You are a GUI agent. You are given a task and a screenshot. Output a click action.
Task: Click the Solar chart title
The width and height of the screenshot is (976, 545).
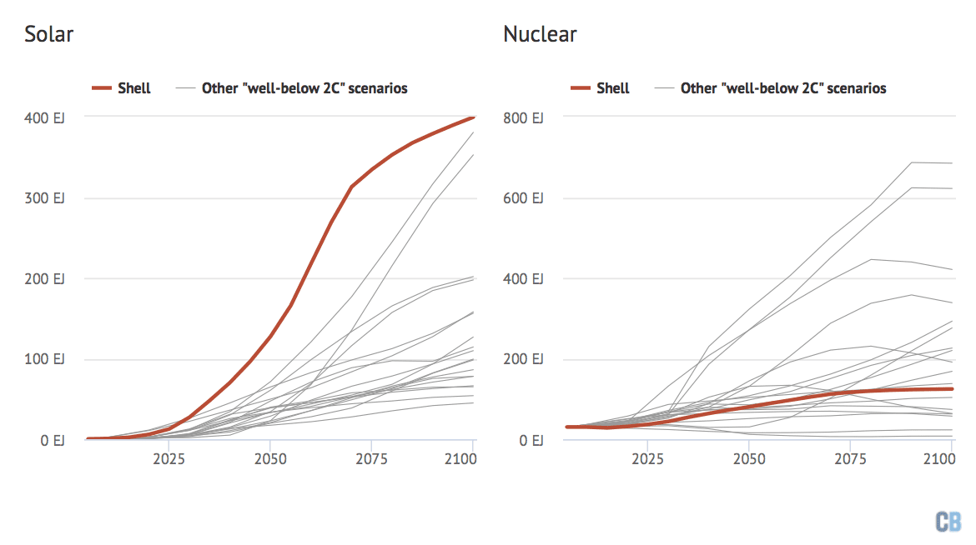pos(49,35)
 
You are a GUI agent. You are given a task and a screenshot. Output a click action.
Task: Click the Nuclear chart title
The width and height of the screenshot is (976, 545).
pos(540,35)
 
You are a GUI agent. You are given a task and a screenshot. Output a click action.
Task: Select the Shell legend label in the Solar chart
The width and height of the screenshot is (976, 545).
pos(134,88)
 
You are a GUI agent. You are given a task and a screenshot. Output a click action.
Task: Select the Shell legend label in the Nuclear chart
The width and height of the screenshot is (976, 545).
pos(613,88)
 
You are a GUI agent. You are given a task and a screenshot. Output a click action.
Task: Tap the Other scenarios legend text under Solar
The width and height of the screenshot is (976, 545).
pos(304,88)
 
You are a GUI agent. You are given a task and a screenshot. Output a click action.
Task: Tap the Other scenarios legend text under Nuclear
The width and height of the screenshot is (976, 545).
pos(783,88)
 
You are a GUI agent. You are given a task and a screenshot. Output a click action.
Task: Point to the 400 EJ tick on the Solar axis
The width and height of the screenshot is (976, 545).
pos(44,117)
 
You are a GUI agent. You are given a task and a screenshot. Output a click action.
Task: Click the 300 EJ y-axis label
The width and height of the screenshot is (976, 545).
pos(44,198)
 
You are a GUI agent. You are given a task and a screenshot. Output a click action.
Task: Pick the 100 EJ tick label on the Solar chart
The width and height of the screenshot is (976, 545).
pos(44,359)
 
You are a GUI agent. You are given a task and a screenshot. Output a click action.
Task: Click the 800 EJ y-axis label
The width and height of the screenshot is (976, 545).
pos(522,117)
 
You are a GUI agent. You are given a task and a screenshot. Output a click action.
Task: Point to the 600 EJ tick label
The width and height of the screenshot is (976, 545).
pos(522,198)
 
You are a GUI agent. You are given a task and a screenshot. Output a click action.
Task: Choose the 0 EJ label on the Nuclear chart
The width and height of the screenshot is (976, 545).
pos(529,440)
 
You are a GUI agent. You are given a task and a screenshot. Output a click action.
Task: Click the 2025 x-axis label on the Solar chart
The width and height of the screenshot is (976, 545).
pos(169,459)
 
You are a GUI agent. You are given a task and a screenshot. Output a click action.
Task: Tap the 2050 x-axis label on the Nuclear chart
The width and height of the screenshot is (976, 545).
pos(748,459)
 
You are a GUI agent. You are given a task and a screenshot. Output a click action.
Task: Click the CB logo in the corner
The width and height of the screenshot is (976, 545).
pos(947,522)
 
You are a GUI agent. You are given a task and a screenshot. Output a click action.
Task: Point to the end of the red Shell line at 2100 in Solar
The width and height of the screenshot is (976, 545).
pos(474,117)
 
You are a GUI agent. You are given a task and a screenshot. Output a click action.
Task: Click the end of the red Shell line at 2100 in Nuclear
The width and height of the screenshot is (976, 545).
pos(952,389)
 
